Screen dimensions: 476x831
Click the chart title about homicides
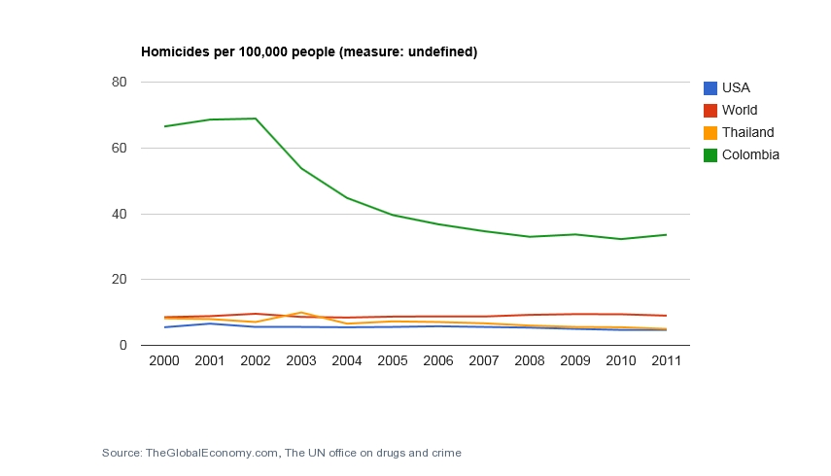tap(309, 51)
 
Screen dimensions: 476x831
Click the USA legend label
tap(736, 87)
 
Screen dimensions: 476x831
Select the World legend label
tap(740, 110)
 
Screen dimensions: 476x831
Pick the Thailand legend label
tap(747, 132)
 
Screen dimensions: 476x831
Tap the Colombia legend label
tap(750, 154)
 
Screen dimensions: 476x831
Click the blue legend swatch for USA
tap(710, 87)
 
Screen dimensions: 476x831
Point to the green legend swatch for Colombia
tap(710, 154)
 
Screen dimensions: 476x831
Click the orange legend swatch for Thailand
tap(710, 132)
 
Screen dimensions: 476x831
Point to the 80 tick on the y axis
tap(121, 83)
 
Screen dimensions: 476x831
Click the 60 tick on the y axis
tap(121, 149)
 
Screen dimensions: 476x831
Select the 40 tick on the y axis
tap(121, 214)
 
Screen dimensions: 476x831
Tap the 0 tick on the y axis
tap(124, 345)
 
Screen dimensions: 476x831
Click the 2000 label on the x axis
tap(164, 361)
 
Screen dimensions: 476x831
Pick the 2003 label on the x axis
tap(301, 361)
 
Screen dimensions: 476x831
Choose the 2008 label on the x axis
tap(529, 361)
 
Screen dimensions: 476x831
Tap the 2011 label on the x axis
tap(666, 361)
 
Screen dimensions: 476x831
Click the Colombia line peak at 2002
tap(256, 119)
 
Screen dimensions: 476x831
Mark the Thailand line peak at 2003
tap(301, 313)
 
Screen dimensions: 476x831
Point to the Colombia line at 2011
tap(666, 234)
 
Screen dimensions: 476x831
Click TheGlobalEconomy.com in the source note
tap(212, 453)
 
